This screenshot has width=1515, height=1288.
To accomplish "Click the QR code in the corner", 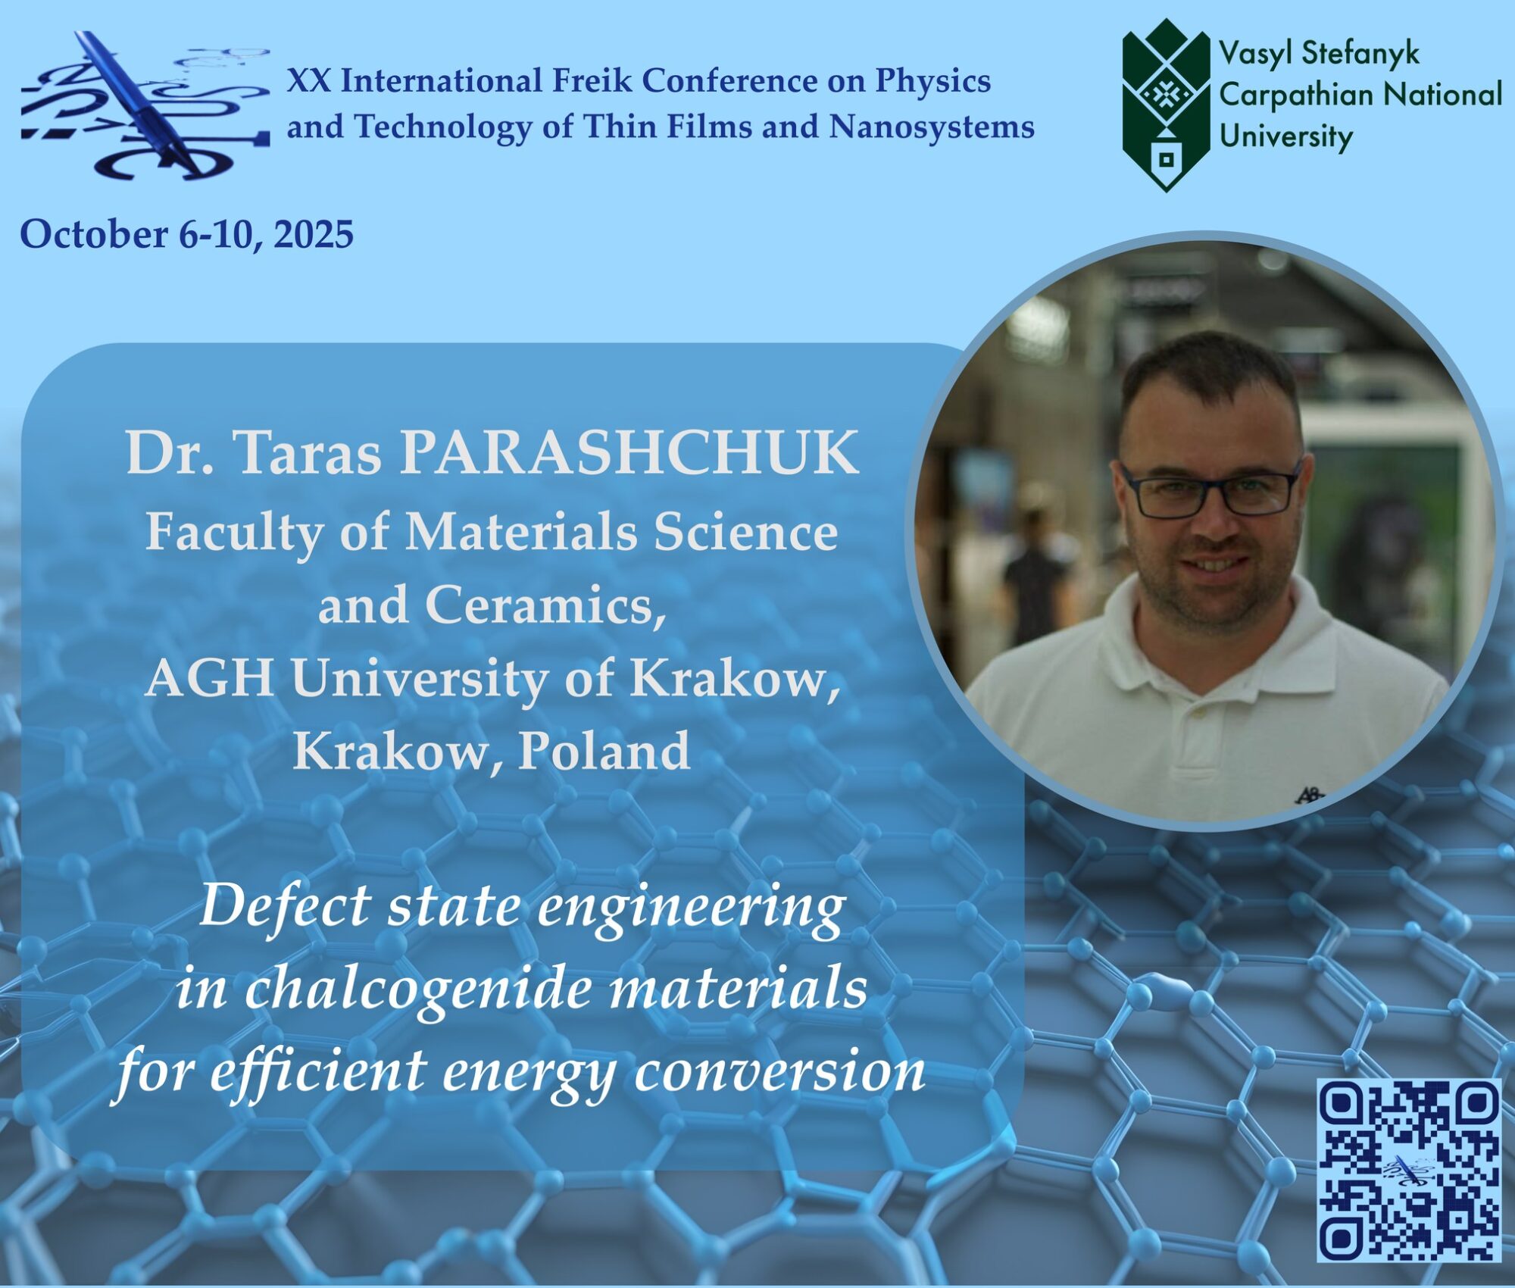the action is click(x=1409, y=1171).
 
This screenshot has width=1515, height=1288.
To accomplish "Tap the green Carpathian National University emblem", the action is click(x=1166, y=105).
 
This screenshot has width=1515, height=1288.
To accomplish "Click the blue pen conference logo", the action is click(x=145, y=105).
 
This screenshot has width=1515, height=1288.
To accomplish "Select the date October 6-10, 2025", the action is click(x=186, y=233).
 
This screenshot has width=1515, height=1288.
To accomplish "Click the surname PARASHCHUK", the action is click(x=629, y=453).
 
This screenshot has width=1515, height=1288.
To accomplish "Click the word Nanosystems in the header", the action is click(x=932, y=127).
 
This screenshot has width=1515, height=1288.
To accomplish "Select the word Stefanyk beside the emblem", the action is click(x=1360, y=54).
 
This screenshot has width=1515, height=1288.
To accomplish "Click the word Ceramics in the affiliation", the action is click(x=545, y=605).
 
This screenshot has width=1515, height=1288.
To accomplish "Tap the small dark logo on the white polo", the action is click(x=1308, y=795).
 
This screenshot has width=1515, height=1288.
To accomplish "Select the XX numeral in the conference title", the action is click(x=308, y=80).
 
